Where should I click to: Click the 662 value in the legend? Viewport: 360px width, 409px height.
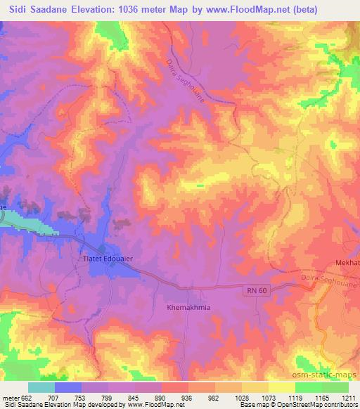[x=27, y=397]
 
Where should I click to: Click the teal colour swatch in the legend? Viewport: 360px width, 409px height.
[x=41, y=387]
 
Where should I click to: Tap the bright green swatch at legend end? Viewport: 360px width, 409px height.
[x=335, y=387]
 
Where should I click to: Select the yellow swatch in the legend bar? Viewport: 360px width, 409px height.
[x=282, y=387]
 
